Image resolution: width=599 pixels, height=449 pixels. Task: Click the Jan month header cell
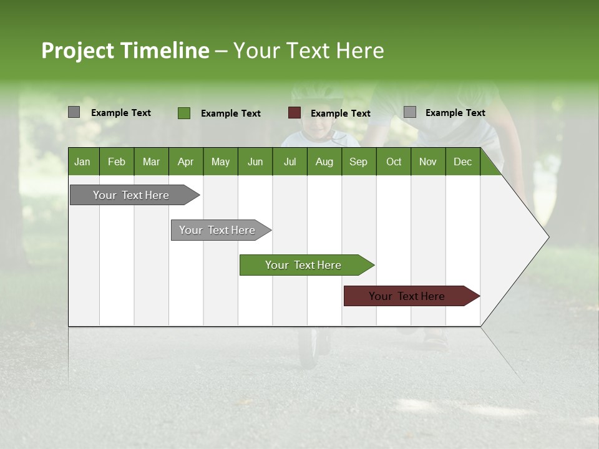coord(82,162)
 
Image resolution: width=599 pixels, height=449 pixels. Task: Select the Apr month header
coord(185,162)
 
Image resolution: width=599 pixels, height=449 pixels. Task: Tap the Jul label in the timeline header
coord(290,162)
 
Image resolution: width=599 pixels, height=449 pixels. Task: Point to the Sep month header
coord(358,162)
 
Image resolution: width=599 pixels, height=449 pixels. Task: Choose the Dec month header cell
coord(462,162)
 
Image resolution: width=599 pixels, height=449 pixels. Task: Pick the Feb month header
coord(117,162)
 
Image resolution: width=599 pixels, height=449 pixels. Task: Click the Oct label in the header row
coord(394,162)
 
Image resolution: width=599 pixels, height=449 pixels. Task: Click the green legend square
coord(184,113)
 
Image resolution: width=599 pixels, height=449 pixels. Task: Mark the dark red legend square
coord(295,113)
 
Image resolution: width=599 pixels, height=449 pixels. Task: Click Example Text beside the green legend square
coord(231,113)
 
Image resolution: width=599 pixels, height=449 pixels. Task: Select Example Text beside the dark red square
coord(341,113)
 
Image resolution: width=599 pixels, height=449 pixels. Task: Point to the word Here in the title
coord(359,51)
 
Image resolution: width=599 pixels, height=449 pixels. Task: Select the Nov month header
coord(428,162)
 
